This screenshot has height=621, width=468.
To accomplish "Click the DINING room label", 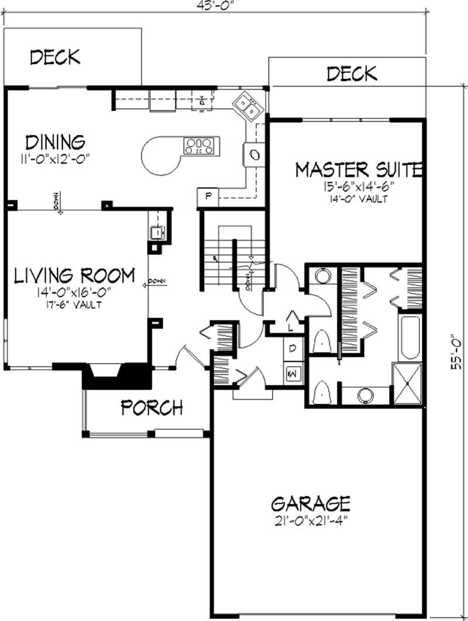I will tap(56, 142).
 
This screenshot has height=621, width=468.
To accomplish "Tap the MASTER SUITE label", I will tap(359, 170).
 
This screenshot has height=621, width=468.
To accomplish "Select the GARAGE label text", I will tap(311, 504).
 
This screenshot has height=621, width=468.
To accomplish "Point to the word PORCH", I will tap(152, 407).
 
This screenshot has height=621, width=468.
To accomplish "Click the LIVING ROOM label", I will tap(74, 275).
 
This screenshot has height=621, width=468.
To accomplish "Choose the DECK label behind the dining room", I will tap(55, 57).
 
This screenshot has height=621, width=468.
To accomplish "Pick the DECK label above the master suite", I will tap(352, 74).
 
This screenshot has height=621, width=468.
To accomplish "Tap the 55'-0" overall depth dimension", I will tap(459, 350).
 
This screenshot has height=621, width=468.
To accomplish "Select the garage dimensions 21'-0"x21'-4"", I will tap(311, 519).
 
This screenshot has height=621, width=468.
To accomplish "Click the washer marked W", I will tap(292, 372).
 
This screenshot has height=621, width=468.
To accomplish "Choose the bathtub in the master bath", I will tap(409, 338).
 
